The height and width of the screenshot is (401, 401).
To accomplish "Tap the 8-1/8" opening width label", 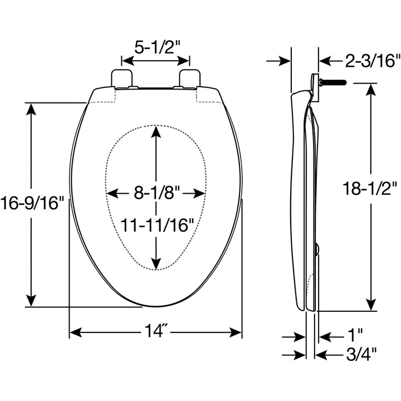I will (157, 193).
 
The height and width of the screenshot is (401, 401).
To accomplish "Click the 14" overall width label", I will (157, 332).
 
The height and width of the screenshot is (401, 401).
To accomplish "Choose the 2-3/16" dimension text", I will (363, 61).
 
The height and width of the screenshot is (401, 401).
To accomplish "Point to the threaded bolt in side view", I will (332, 82).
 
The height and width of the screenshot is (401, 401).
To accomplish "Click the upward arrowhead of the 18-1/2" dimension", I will (370, 90).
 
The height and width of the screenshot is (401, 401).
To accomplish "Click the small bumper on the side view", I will (317, 249).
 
